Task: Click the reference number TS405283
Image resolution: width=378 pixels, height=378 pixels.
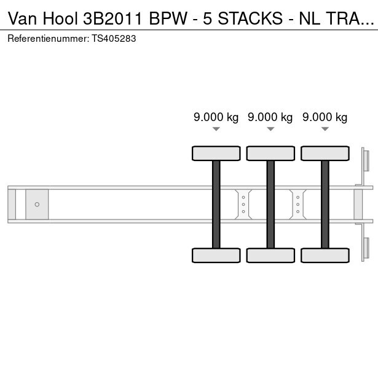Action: coord(114,39)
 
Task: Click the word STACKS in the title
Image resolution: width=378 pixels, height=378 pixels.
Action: coord(250,18)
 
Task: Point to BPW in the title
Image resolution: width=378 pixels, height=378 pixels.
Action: coord(168,18)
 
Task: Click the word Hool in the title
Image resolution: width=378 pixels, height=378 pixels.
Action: coord(60,18)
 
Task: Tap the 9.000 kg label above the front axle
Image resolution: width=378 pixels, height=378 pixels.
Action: coord(216,117)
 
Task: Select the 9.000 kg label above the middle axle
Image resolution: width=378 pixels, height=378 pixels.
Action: coord(270,117)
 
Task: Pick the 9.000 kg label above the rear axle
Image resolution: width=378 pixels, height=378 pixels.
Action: coord(325,117)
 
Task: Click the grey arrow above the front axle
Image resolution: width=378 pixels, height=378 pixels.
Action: coord(216,129)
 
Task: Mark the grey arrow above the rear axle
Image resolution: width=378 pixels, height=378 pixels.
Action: coord(325,129)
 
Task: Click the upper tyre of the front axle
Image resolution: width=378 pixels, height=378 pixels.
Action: coord(216,153)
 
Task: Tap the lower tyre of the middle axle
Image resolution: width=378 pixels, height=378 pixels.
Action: coord(270,255)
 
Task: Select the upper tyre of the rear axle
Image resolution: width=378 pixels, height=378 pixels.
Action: coord(325,153)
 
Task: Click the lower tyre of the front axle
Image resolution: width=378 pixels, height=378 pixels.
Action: coord(216,255)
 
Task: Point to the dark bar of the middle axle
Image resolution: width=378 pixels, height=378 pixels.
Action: coord(270,204)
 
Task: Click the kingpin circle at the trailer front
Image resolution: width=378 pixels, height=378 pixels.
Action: coord(37,205)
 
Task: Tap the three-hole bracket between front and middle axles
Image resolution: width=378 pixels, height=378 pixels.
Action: coord(243,205)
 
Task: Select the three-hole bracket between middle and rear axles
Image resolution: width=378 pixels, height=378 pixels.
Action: coord(298,205)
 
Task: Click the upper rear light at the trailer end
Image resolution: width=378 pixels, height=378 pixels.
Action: coord(366,161)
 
